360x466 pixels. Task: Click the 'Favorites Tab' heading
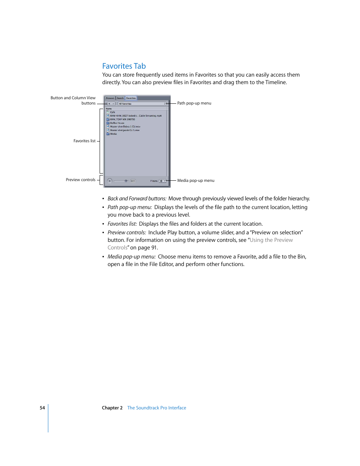tap(124, 66)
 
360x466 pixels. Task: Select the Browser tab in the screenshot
tap(110, 98)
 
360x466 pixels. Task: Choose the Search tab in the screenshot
tap(120, 98)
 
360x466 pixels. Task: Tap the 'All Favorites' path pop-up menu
tap(142, 103)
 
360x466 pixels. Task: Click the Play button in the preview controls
tap(109, 181)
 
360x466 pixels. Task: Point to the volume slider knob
tap(126, 181)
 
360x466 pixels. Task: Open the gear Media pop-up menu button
tap(162, 181)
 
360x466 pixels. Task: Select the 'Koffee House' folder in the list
tap(117, 123)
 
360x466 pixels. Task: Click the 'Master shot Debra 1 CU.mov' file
tap(125, 127)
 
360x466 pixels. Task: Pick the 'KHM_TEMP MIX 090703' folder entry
tap(122, 119)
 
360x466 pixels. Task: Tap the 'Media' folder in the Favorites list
tap(113, 134)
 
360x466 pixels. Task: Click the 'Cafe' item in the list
tap(112, 112)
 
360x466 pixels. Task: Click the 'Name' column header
tap(109, 109)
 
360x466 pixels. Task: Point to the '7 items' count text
tap(154, 181)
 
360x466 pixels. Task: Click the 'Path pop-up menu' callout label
tap(194, 103)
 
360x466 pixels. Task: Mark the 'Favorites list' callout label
tap(84, 141)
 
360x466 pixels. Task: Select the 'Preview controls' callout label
tap(80, 180)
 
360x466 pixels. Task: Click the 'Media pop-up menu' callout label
tap(195, 180)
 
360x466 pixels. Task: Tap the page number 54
tap(42, 408)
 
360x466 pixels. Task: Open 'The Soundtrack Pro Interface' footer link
tap(157, 408)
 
